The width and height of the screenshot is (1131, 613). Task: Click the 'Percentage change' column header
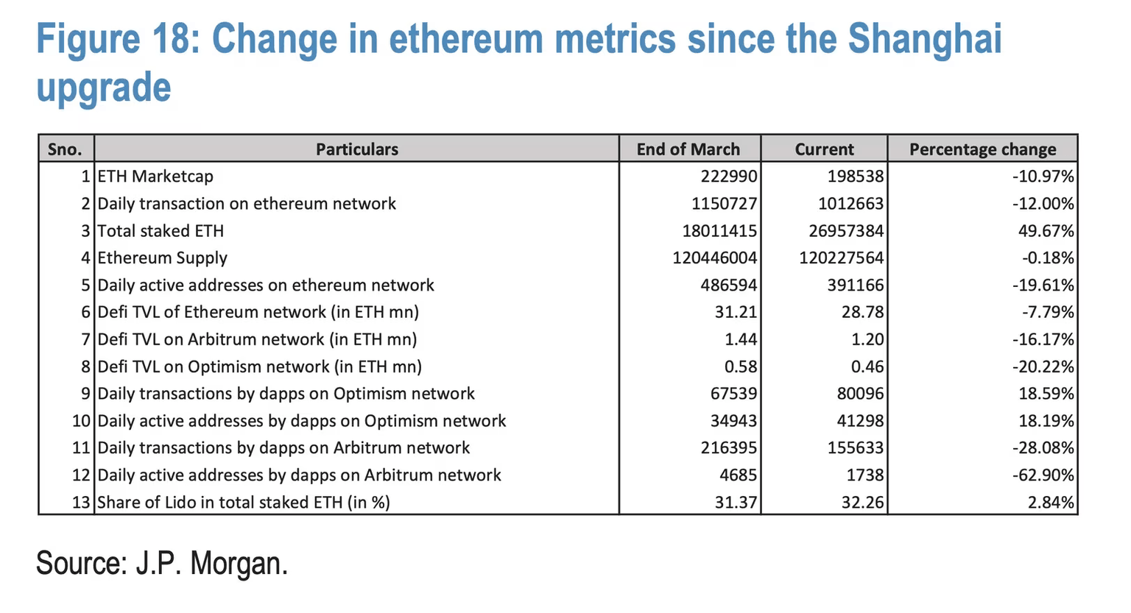[982, 149]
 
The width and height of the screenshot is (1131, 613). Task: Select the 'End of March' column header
[688, 149]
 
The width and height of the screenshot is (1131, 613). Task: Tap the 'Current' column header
[824, 149]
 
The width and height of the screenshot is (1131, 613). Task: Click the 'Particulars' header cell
[357, 149]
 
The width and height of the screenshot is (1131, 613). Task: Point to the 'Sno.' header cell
[65, 149]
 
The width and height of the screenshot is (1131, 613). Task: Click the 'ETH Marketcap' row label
[155, 177]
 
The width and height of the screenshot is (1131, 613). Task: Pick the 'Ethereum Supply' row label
[163, 258]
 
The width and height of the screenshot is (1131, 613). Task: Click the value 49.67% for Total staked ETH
[1046, 231]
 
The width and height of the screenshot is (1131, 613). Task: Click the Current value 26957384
[846, 231]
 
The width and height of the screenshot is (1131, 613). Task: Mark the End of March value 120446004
[714, 258]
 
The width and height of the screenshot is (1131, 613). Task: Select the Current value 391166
[855, 286]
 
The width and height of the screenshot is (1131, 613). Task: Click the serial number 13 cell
[81, 503]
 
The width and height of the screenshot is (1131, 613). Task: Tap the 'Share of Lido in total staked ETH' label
[244, 503]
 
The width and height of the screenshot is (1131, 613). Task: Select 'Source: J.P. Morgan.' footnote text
[162, 564]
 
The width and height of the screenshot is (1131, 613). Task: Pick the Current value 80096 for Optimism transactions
[860, 394]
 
